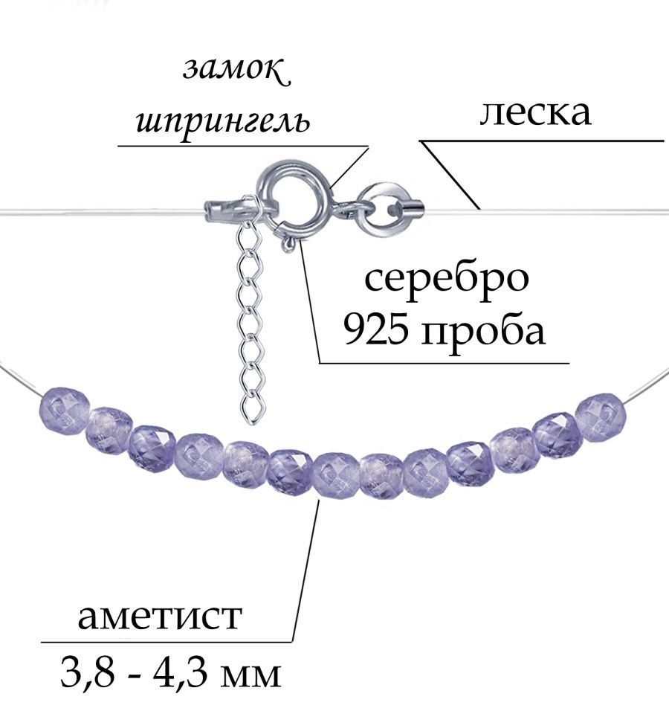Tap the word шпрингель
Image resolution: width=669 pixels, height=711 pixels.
(224, 121)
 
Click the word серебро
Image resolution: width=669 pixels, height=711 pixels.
(447, 277)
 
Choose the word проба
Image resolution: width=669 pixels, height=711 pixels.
(482, 330)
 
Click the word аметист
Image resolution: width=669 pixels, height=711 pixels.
(160, 616)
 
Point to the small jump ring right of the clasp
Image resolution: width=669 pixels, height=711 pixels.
(381, 207)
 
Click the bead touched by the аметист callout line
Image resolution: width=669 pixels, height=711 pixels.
(335, 474)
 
